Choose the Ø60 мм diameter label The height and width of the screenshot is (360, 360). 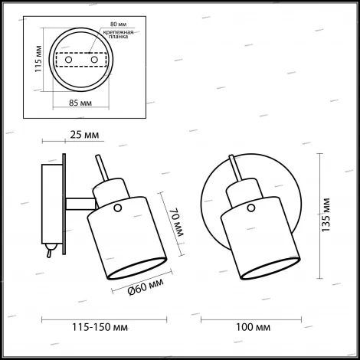coord(144,290)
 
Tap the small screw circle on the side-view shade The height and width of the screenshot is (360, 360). coord(117,208)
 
